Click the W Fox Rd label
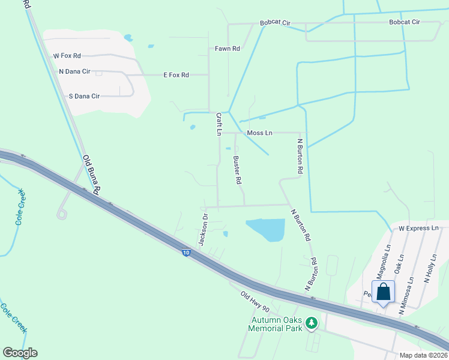67,56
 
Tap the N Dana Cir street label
74,71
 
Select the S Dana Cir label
84,96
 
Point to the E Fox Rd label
176,75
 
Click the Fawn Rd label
228,49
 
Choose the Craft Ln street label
219,124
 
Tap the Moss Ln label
259,133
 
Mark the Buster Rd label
237,170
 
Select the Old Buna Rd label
91,174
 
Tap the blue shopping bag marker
384,293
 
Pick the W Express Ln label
419,229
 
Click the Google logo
20,353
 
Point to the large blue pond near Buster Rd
266,229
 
